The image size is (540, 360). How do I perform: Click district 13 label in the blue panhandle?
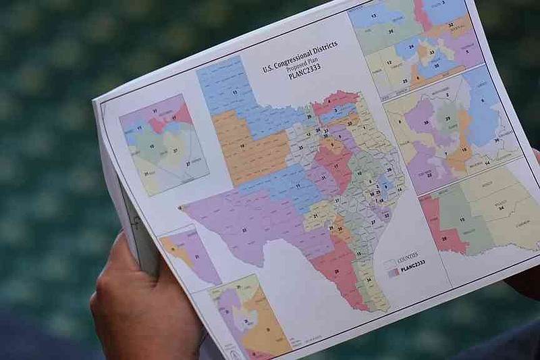pos(234,91)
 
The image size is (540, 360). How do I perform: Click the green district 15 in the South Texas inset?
pos(462,220)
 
